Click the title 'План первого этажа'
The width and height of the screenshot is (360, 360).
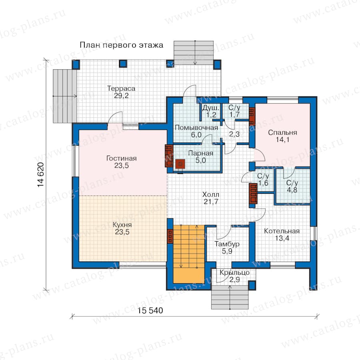121,45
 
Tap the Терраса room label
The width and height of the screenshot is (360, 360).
121,92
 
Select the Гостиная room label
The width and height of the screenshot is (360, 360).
122,162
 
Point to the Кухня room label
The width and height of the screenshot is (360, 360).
122,228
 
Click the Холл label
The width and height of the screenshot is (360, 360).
211,198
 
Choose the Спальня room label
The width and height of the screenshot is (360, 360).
282,136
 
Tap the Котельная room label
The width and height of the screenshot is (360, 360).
282,234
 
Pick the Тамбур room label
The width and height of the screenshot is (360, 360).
227,247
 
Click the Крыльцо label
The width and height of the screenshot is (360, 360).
234,276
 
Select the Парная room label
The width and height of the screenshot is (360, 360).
201,156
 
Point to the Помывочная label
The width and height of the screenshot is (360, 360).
196,131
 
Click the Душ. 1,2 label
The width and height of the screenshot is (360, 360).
211,111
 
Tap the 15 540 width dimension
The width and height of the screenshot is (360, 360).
150,310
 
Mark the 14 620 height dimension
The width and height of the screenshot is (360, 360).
40,175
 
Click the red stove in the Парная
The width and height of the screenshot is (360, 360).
180,164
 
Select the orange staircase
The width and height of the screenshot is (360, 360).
189,254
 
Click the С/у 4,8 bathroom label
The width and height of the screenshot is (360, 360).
292,186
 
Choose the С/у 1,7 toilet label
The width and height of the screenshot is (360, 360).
234,111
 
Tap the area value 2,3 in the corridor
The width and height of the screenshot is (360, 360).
234,134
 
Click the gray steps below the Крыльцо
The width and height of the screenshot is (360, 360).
230,297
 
